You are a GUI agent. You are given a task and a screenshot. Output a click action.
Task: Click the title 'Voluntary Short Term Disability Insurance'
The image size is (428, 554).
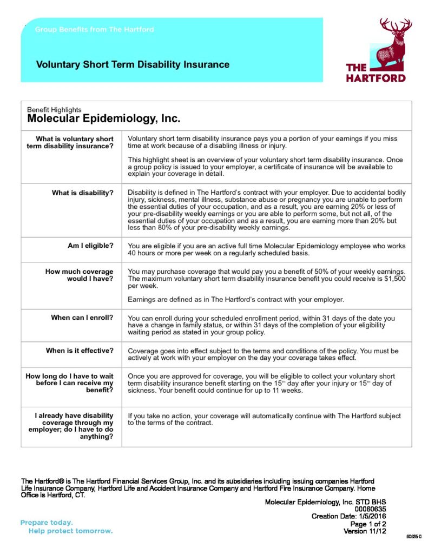pos(133,65)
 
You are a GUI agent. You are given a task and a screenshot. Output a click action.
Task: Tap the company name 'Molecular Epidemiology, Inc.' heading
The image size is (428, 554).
pos(103,118)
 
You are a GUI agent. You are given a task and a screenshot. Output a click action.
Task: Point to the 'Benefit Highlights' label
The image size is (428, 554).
pos(54,110)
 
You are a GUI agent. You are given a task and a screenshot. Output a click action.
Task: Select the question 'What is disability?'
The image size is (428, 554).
pos(83,193)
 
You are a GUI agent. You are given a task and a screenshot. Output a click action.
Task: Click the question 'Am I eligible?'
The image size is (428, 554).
pos(90,246)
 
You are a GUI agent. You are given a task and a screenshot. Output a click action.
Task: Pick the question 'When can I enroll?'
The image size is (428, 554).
pos(82,318)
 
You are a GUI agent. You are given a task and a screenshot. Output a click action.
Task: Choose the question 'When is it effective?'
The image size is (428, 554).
pos(80,351)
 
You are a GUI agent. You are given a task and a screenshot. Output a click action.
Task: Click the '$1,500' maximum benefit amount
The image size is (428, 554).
pos(396,278)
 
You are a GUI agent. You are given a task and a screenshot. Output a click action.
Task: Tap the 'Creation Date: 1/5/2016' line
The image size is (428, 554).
pos(348,516)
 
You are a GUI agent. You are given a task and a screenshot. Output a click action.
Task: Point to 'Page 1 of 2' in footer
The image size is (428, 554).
pos(368,524)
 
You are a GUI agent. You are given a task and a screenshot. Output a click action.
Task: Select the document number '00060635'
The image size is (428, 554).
pos(370,509)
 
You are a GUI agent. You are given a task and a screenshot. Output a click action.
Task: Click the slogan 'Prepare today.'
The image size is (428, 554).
pos(47,523)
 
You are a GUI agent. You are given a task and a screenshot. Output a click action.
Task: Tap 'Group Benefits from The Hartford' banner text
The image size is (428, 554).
pos(94,30)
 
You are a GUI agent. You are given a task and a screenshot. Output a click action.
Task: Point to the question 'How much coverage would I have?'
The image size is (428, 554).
pos(80,275)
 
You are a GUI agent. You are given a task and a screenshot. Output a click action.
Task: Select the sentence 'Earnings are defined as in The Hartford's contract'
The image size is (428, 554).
pos(235,299)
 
